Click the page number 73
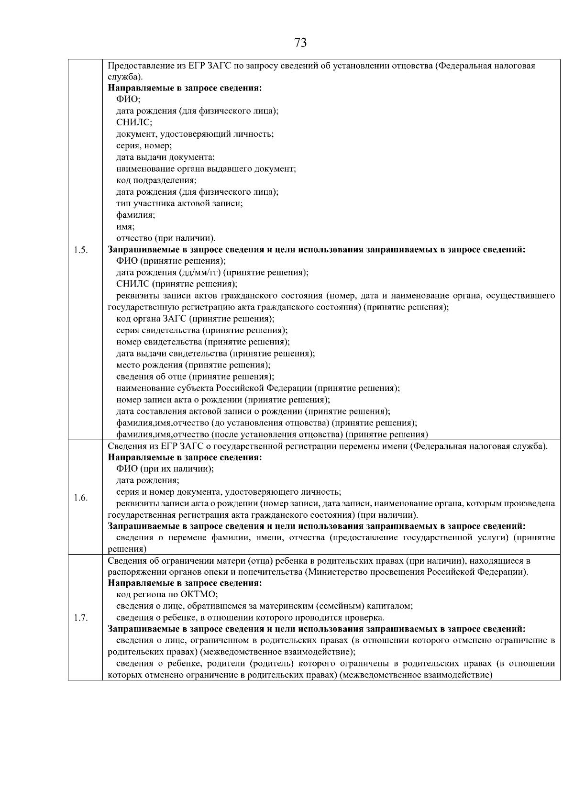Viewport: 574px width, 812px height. point(300,43)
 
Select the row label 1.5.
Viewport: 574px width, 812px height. point(81,250)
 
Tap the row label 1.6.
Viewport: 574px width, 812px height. point(81,498)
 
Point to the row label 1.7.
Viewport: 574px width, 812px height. point(81,618)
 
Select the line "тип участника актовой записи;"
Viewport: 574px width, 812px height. point(179,203)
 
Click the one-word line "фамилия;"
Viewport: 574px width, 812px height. point(135,215)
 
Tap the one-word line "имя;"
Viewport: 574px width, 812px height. point(125,227)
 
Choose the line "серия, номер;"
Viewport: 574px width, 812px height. point(144,145)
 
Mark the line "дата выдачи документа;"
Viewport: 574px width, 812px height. point(166,157)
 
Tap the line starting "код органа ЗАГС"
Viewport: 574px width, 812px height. point(196,319)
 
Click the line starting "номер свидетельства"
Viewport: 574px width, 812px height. point(203,342)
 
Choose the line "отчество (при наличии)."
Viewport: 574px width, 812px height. point(166,238)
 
